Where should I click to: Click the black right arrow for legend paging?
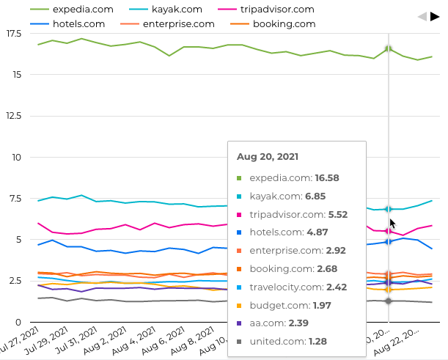(434, 16)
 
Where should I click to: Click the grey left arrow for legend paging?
(422, 16)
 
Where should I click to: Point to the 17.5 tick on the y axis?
(12, 34)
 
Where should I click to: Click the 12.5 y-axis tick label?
(12, 116)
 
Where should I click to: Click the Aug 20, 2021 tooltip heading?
(267, 157)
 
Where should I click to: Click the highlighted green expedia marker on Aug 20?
(389, 49)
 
